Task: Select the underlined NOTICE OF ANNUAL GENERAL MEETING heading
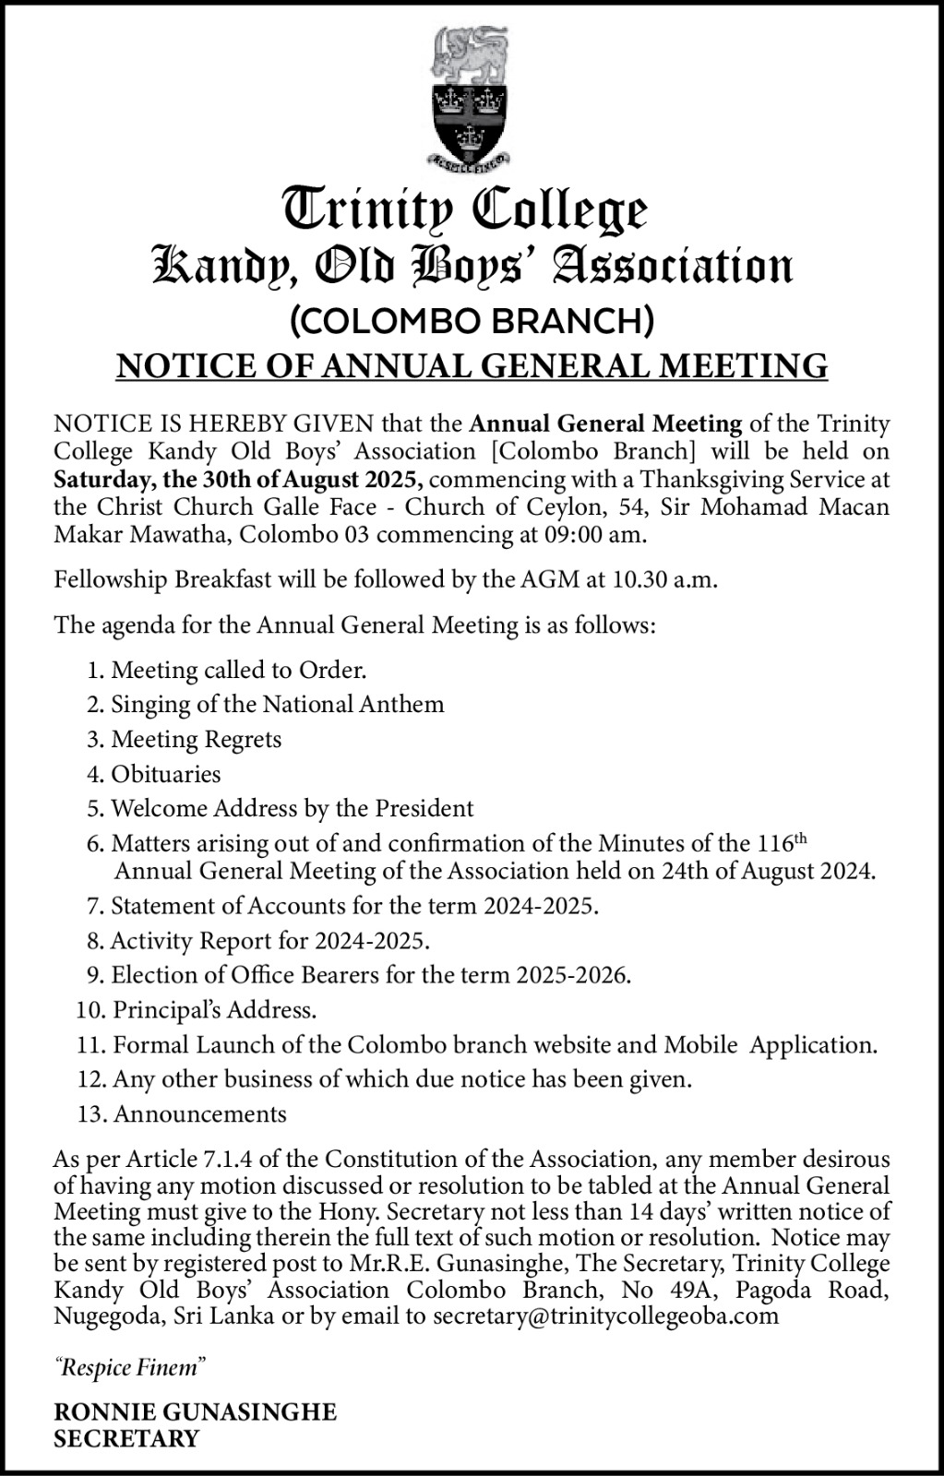tap(472, 365)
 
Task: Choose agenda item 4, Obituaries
tap(165, 773)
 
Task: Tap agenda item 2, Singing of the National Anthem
tap(277, 704)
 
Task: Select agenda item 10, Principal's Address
tap(214, 1009)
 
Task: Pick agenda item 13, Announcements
tap(199, 1113)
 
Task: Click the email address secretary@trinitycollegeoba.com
tap(605, 1315)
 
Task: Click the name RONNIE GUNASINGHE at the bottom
tap(196, 1412)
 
